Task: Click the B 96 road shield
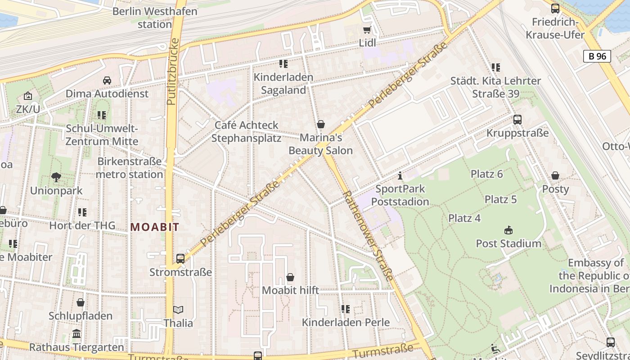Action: coord(597,56)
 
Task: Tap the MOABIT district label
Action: coord(155,227)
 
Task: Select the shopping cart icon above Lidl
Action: coord(367,30)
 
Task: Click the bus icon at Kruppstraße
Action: coord(517,120)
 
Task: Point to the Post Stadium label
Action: coord(508,243)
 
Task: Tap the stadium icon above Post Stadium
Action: coord(508,230)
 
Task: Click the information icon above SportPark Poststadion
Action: coord(400,176)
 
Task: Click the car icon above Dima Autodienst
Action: coord(107,81)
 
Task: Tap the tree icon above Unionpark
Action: coord(56,177)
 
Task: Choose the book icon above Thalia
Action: coord(178,310)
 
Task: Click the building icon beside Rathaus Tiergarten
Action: coord(76,334)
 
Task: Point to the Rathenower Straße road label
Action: coord(368,235)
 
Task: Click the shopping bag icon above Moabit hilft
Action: coord(290,277)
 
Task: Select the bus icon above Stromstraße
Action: coord(180,259)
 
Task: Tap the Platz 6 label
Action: coord(486,174)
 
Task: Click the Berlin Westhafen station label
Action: coord(155,18)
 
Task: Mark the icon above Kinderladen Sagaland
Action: coord(283,64)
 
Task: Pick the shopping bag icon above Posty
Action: coord(555,175)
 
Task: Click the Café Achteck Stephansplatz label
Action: coord(246,131)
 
